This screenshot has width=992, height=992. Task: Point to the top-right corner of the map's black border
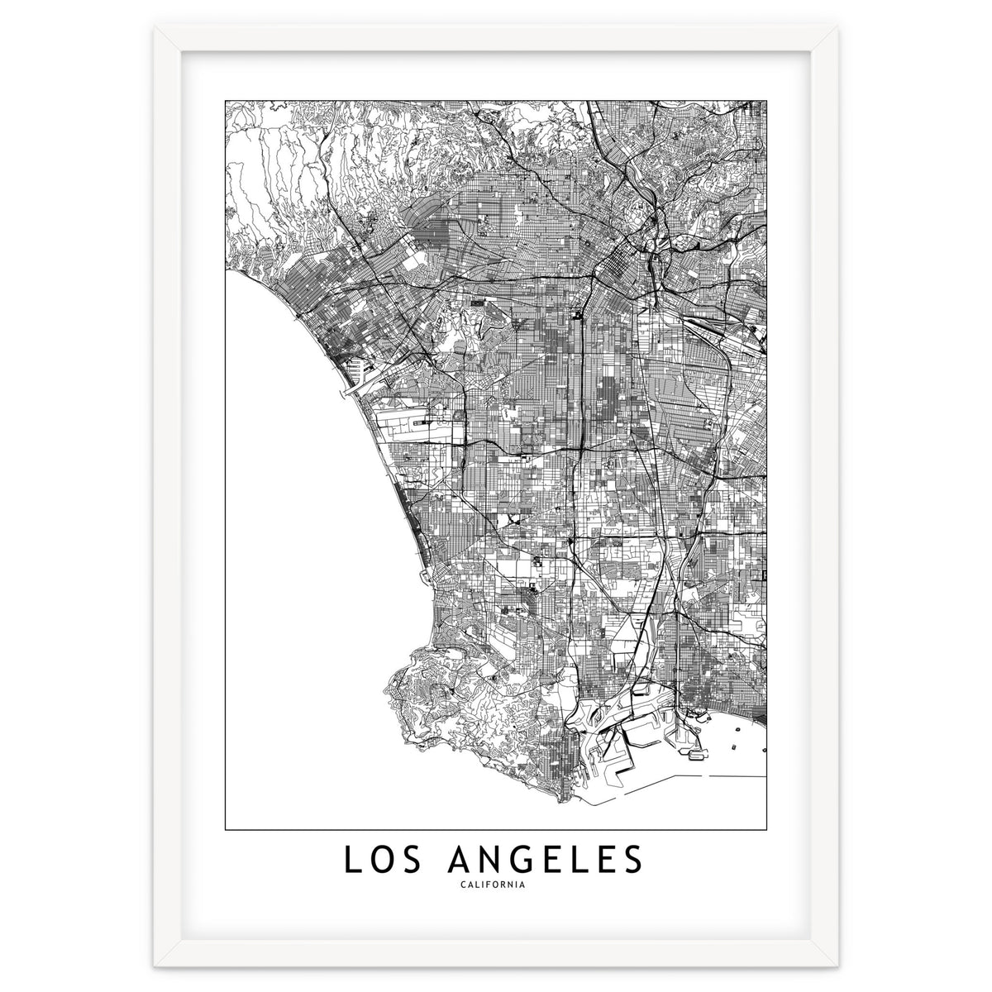[766, 100]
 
